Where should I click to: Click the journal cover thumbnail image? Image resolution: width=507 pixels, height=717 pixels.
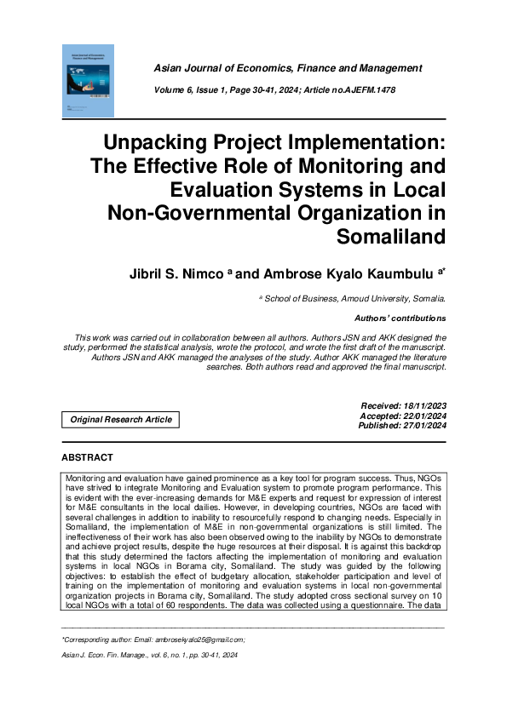point(89,81)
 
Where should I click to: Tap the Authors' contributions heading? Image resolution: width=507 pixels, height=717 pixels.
point(400,318)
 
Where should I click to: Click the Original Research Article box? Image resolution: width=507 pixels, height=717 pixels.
point(121,419)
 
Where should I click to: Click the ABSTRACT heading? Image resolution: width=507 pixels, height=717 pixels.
point(87,457)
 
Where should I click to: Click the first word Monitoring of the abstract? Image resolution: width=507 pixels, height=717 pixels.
point(86,480)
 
